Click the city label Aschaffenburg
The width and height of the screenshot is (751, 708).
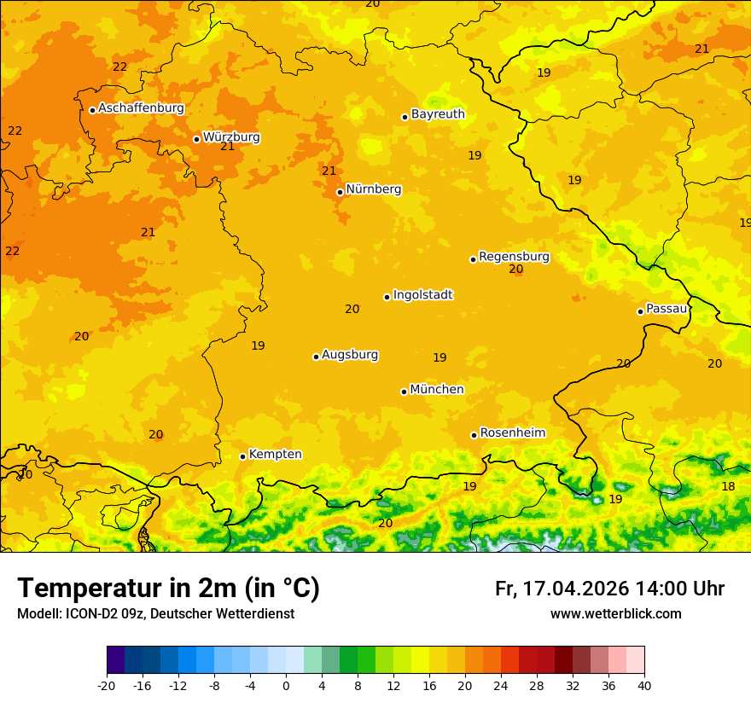[x=141, y=108]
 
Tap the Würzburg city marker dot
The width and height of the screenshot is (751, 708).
[x=196, y=139]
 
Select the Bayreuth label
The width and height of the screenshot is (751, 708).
[x=438, y=114]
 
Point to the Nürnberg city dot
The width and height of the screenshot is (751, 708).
[x=340, y=192]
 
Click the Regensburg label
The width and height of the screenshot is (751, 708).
[x=514, y=257]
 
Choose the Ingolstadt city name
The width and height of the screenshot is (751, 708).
[x=422, y=295]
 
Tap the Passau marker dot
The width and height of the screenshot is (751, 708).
[x=640, y=311]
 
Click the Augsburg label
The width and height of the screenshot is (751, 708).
[x=350, y=355]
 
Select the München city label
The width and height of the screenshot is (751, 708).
[x=437, y=390]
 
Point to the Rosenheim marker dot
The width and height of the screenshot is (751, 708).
[x=474, y=435]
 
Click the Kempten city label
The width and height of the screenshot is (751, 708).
[x=275, y=455]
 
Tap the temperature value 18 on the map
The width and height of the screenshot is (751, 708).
[x=728, y=486]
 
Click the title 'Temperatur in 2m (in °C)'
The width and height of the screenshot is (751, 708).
[x=168, y=588]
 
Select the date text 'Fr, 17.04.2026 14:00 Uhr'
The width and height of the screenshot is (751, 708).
[x=609, y=589]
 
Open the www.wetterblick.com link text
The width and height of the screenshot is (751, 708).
[x=615, y=614]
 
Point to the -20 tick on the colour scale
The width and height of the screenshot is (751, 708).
[x=107, y=685]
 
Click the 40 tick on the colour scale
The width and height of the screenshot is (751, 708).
[x=644, y=685]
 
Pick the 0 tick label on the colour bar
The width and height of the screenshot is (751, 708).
[x=286, y=685]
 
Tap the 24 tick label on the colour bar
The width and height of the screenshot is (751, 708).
[x=501, y=685]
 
